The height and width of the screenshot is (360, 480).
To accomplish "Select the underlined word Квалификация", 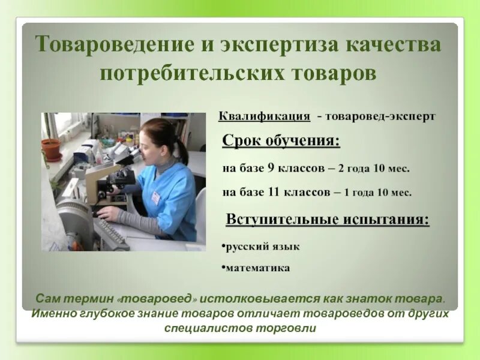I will pos(264,116).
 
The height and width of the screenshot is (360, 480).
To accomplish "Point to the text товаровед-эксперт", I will pos(380,116).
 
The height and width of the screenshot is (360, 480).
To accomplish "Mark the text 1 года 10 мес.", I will pos(377,193).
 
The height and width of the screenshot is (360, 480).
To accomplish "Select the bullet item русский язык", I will pos(261,246).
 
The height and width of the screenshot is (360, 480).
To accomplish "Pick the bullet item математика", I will pos(257,268).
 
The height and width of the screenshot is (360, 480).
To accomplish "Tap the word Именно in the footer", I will pos(52,313).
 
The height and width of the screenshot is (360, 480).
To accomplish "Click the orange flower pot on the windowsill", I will pos(52,148).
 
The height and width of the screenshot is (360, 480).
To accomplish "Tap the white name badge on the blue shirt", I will pos(156,197).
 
